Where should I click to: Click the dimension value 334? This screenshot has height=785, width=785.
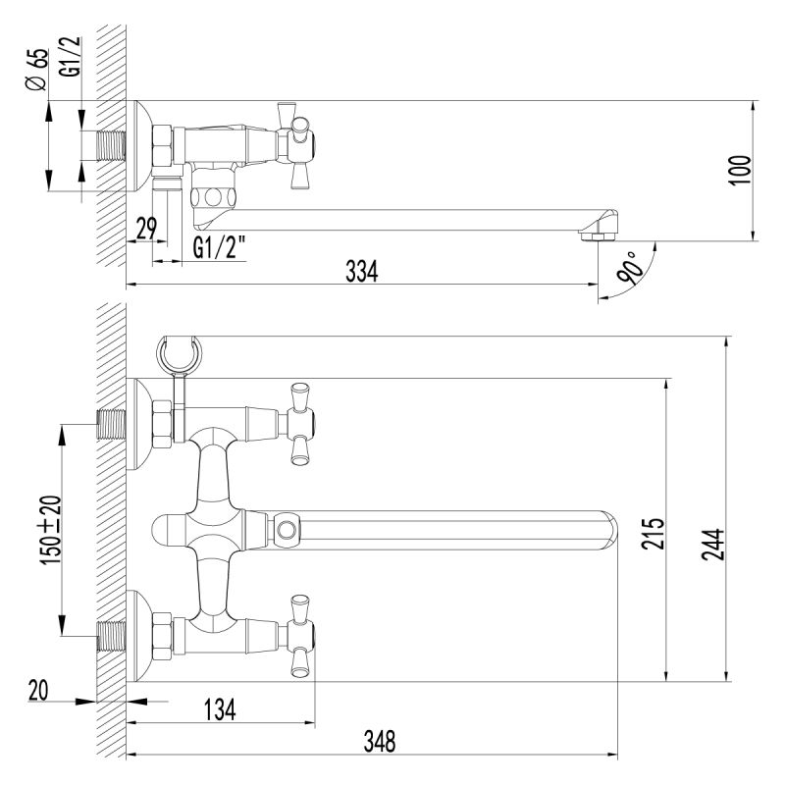pyautogui.click(x=361, y=272)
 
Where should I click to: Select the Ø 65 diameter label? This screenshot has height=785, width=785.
pyautogui.click(x=37, y=71)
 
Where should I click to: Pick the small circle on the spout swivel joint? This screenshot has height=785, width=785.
pyautogui.click(x=287, y=531)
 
